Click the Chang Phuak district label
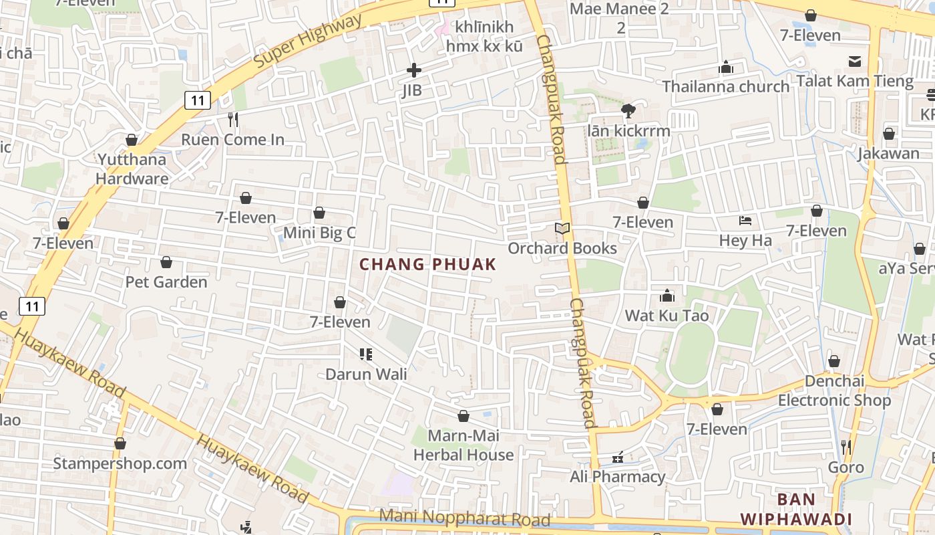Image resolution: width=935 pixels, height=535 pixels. [x=428, y=264]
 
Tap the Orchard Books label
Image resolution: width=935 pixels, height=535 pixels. [x=562, y=248]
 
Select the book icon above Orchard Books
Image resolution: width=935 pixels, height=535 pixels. [x=562, y=229]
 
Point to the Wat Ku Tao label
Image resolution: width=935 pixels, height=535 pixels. [x=667, y=315]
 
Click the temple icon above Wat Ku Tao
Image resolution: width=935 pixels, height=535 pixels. [x=667, y=296]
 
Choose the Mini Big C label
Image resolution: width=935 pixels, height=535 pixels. [x=319, y=233]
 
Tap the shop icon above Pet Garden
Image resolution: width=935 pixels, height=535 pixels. [x=166, y=262]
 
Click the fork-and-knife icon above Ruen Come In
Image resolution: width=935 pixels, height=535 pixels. [x=232, y=120]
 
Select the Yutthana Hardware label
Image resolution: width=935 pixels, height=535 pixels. [x=132, y=169]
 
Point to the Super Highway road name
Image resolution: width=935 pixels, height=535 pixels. [x=308, y=40]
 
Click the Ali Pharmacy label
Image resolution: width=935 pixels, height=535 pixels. [x=618, y=477]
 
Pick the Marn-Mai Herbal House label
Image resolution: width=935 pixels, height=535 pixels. [x=463, y=445]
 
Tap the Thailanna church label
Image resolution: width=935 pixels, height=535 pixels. [x=726, y=86]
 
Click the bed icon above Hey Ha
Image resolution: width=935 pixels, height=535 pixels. [x=745, y=221]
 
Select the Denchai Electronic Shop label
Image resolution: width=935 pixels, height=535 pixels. [x=834, y=391]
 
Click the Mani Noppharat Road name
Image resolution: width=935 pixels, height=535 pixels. [x=465, y=518]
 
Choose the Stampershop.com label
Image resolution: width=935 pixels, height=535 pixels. [x=120, y=463]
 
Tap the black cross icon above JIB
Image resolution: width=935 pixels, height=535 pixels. [x=414, y=70]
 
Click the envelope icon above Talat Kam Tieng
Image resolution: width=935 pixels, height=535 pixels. [x=855, y=62]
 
